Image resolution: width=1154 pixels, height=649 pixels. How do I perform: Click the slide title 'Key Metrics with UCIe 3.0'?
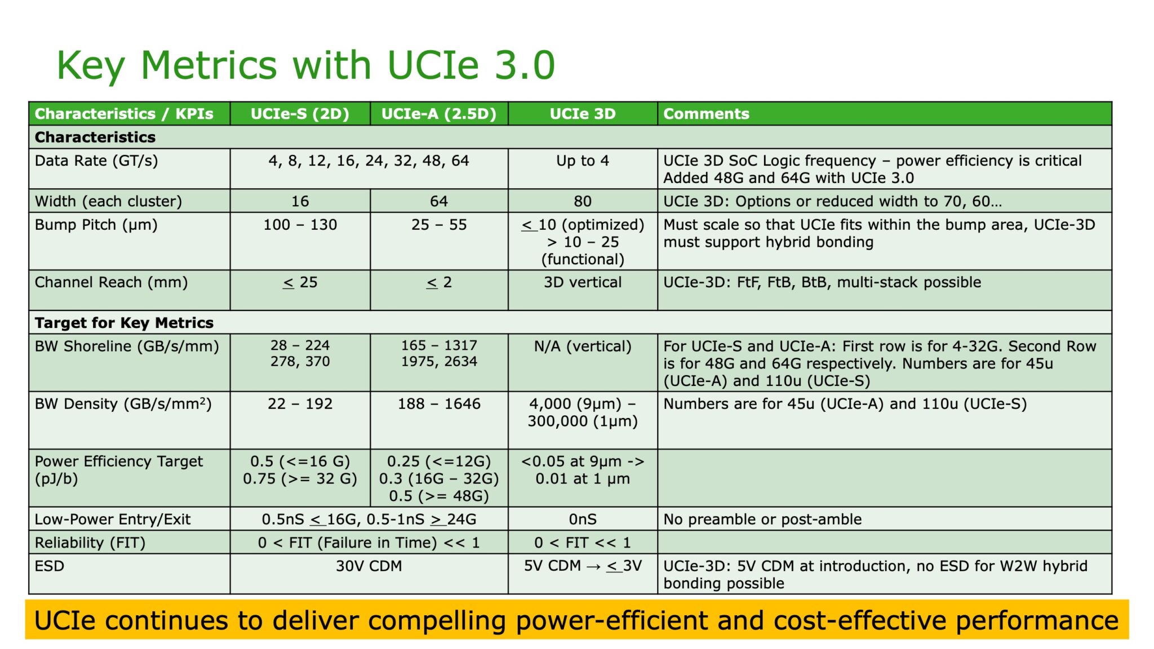pyautogui.click(x=306, y=65)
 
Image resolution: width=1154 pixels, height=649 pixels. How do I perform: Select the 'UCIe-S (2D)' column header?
pyautogui.click(x=300, y=114)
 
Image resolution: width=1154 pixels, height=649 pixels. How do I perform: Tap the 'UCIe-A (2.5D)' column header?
pyautogui.click(x=439, y=114)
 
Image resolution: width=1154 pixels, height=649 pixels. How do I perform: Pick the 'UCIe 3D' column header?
pyautogui.click(x=583, y=114)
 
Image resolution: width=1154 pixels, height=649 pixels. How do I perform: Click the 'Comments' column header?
pyautogui.click(x=706, y=114)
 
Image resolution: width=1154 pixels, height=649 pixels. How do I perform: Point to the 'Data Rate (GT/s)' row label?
pyautogui.click(x=96, y=161)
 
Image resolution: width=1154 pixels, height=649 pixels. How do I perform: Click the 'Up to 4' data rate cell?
pyautogui.click(x=583, y=161)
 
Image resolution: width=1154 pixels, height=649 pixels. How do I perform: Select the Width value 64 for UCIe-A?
pyautogui.click(x=439, y=201)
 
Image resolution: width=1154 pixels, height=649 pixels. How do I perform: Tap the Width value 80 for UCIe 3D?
pyautogui.click(x=583, y=201)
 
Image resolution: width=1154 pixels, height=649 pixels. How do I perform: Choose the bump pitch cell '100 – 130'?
pyautogui.click(x=300, y=225)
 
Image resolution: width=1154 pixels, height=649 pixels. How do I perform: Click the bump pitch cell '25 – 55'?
pyautogui.click(x=439, y=225)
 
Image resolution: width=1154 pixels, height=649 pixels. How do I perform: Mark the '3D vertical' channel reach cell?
pyautogui.click(x=583, y=282)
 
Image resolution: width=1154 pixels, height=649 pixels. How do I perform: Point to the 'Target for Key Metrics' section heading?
pyautogui.click(x=124, y=323)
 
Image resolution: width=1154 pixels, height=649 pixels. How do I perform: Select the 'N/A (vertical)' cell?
pyautogui.click(x=583, y=346)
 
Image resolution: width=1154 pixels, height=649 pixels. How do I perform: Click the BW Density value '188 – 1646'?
pyautogui.click(x=439, y=404)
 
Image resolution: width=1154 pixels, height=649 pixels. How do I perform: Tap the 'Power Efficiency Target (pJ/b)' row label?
pyautogui.click(x=118, y=470)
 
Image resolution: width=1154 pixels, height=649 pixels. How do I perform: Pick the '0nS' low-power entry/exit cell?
pyautogui.click(x=583, y=519)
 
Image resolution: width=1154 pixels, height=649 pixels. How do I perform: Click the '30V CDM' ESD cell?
pyautogui.click(x=369, y=566)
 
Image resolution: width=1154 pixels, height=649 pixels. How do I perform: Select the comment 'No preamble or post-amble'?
pyautogui.click(x=762, y=519)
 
